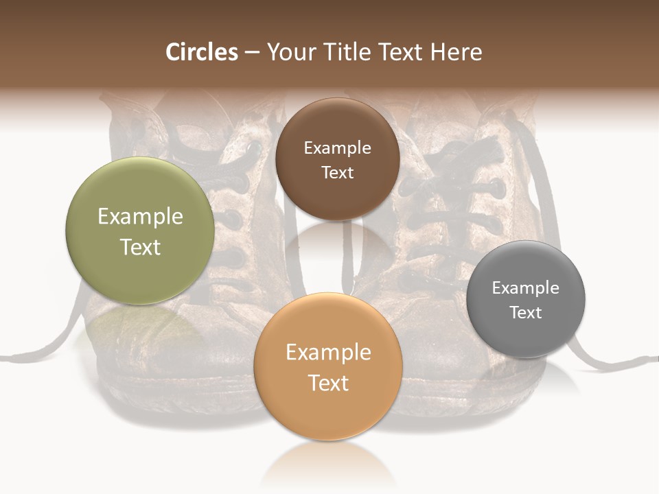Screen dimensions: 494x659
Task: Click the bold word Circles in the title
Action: [x=202, y=52]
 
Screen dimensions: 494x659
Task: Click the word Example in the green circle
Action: [x=140, y=217]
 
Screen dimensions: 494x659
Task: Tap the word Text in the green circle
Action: [x=140, y=247]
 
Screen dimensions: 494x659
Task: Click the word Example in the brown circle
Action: [x=337, y=148]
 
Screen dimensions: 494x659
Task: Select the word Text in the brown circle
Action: [x=337, y=172]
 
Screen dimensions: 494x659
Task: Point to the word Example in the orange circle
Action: [x=328, y=353]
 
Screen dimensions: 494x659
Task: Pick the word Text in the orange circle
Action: [x=328, y=383]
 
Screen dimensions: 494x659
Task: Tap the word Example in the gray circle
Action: [x=526, y=287]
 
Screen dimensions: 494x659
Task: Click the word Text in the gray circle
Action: [x=526, y=312]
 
